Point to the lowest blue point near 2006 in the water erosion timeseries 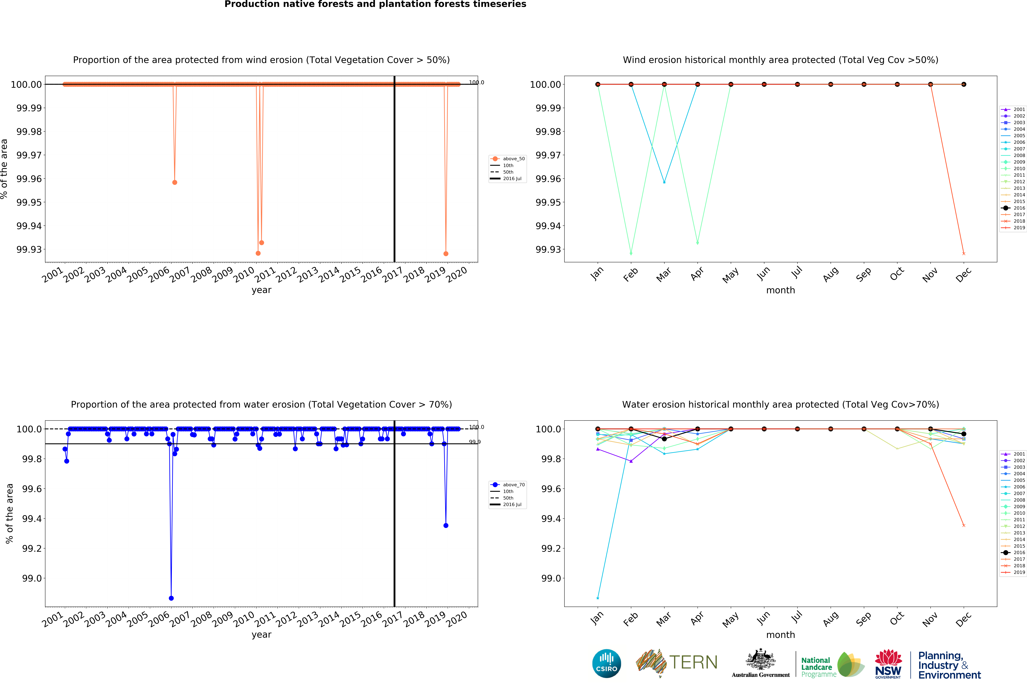pos(171,598)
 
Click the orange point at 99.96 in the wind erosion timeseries pos(175,182)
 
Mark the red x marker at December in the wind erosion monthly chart pos(964,253)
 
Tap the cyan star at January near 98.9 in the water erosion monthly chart pos(598,598)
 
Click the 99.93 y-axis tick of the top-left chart pos(29,250)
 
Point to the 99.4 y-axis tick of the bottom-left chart pos(32,519)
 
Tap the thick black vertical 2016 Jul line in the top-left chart pos(394,176)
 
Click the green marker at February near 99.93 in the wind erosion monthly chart pos(631,253)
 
